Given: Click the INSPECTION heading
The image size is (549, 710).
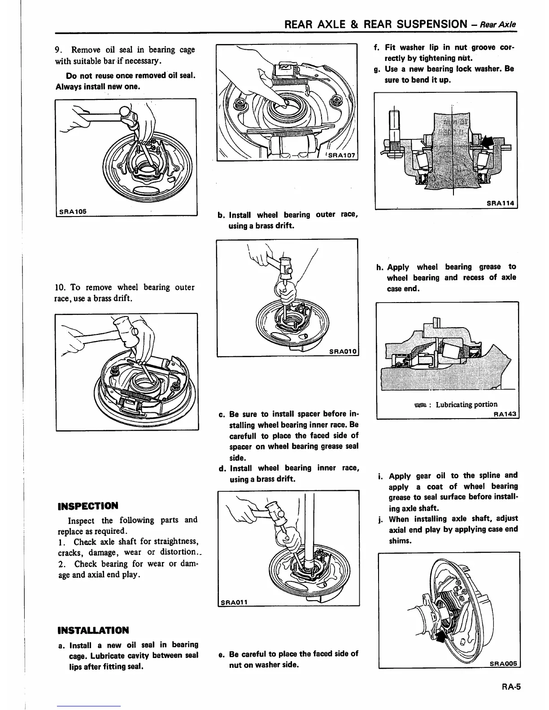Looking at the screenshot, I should [88, 506].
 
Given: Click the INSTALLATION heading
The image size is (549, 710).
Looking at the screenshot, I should [93, 630].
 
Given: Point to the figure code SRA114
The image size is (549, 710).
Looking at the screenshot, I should [501, 203].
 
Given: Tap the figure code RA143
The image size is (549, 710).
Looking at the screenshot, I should [505, 414].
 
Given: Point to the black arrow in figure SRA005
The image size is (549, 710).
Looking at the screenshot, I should [442, 636].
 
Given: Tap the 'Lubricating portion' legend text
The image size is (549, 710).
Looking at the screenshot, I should [466, 404].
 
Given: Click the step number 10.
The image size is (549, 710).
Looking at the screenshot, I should [61, 287].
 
